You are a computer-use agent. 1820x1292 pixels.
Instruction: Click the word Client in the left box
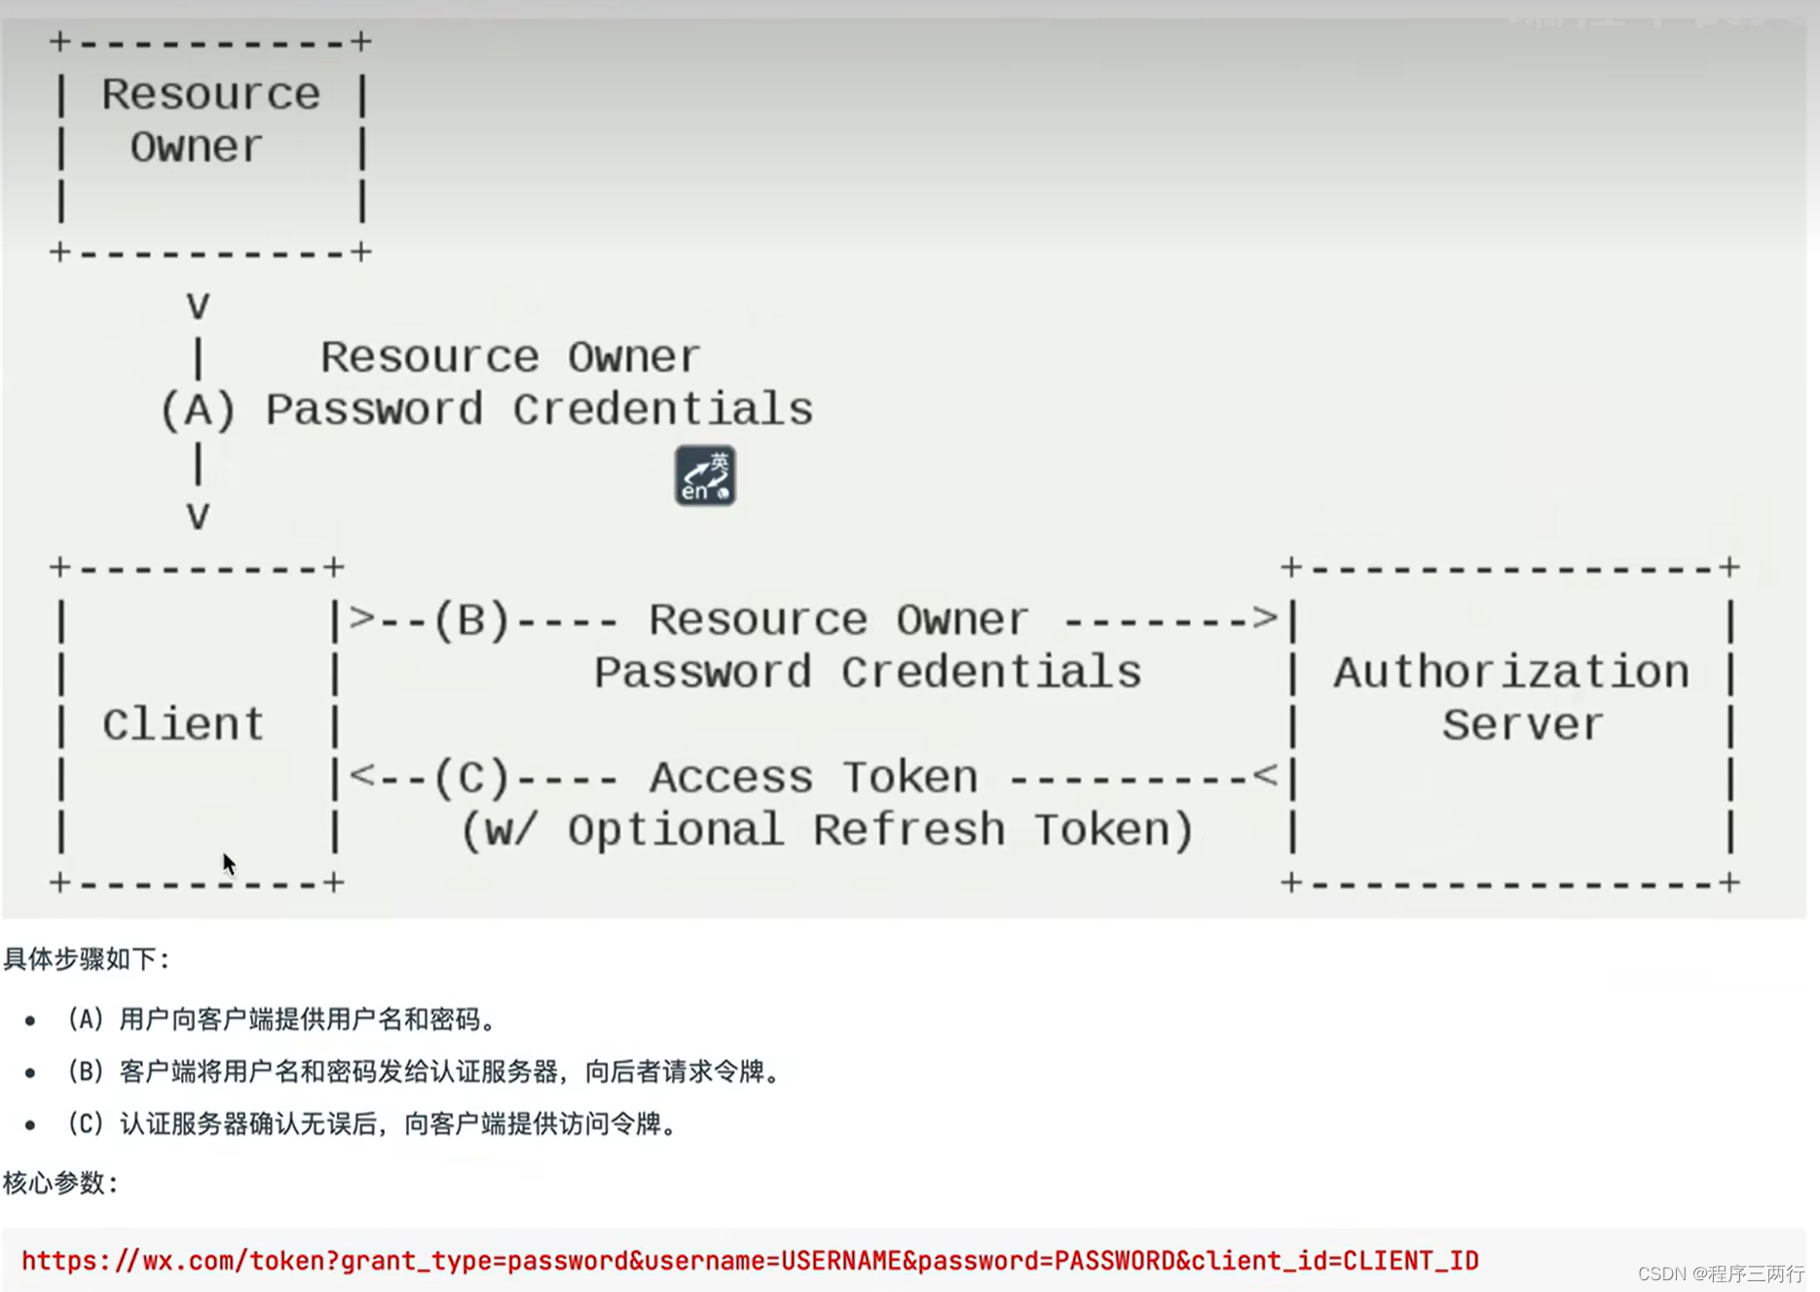point(183,725)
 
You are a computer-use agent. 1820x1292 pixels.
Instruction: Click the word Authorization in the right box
point(1511,672)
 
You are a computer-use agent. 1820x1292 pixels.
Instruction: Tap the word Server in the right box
point(1522,725)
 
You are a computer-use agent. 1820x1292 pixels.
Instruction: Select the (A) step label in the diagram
point(198,410)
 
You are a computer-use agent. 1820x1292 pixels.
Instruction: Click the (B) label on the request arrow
point(471,620)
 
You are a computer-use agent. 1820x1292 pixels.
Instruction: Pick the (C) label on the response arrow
point(471,778)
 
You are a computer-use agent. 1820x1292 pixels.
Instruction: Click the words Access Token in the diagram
point(813,778)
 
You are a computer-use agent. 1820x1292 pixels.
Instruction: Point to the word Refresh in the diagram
point(908,830)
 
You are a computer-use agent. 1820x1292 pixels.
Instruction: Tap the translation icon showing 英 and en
point(705,475)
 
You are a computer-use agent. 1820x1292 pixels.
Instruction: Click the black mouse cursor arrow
point(228,863)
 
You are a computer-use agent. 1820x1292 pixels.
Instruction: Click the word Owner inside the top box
point(197,147)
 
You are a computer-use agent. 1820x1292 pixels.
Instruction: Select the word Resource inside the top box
point(210,95)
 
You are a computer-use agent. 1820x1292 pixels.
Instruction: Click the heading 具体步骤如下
point(86,959)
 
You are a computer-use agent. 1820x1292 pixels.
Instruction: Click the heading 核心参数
point(59,1183)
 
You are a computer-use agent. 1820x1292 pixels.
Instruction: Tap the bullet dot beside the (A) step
point(30,1021)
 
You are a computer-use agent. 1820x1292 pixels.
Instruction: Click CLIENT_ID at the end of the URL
point(1410,1261)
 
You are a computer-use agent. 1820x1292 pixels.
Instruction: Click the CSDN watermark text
point(1721,1273)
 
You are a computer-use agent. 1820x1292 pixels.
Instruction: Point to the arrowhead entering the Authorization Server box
point(1265,618)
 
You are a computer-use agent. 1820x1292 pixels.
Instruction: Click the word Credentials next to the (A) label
point(663,410)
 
